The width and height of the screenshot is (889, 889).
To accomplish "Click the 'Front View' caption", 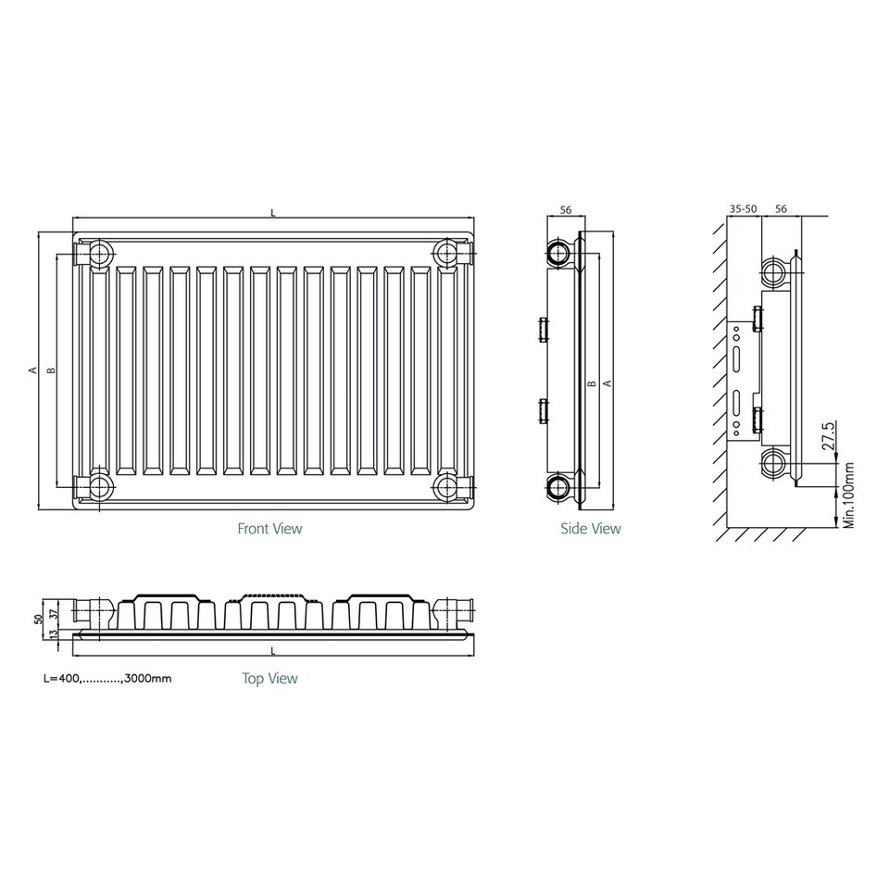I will (x=269, y=529).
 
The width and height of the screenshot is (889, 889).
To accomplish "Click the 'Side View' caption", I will (x=590, y=529).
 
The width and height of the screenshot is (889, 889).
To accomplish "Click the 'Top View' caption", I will (x=269, y=679).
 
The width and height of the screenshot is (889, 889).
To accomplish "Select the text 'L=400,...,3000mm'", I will (x=107, y=679).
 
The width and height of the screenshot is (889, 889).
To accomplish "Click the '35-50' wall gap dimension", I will (x=744, y=209).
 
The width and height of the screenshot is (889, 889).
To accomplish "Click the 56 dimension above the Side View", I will (x=567, y=210).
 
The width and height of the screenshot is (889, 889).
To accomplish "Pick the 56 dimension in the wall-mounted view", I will (x=781, y=209).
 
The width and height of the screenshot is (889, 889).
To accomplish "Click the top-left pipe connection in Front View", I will (x=97, y=252).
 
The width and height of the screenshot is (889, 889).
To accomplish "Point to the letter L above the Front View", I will (x=272, y=213).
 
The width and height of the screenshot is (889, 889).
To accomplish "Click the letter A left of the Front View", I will (x=32, y=369).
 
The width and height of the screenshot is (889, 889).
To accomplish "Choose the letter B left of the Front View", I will (x=52, y=369).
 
